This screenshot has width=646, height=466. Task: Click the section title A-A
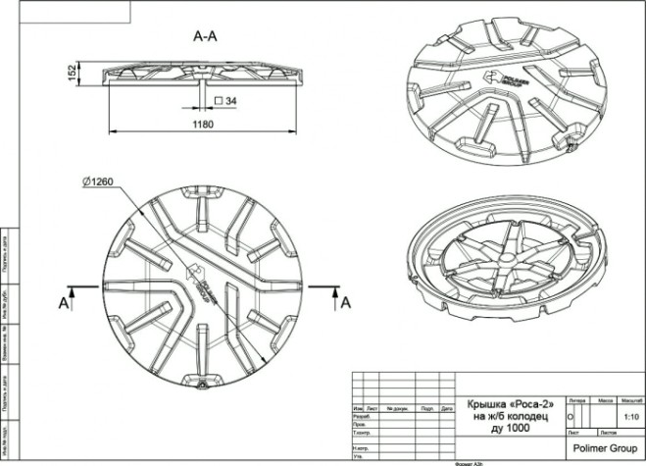pos(205,36)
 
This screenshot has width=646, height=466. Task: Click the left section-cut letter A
pos(64,304)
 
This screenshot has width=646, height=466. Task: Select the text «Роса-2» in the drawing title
pos(532,403)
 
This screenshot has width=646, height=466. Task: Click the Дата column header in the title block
pos(446,408)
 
